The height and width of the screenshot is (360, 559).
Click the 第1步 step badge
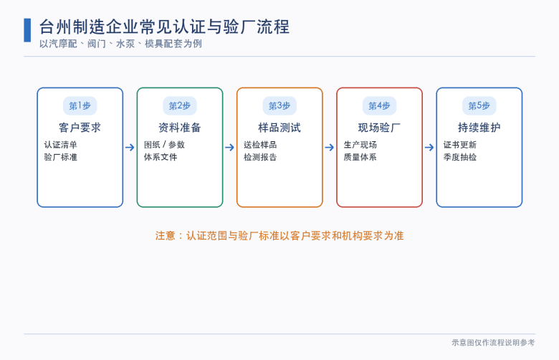pos(80,105)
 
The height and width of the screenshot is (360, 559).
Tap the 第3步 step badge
pos(279,105)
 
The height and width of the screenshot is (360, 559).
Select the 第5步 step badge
pos(479,105)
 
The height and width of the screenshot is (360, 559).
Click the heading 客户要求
pos(80,128)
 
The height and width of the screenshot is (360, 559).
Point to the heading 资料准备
pos(180,128)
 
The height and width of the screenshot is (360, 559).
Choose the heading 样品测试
pos(279,128)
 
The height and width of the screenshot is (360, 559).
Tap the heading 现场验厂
pos(379,128)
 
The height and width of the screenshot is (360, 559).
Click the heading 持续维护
pos(479,128)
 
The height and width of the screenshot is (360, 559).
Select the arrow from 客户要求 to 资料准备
pos(130,147)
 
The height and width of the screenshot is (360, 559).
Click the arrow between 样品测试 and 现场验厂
pos(330,147)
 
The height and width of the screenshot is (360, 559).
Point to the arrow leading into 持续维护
pos(429,147)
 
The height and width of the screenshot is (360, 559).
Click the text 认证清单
pos(61,145)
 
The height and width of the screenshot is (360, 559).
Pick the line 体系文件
pos(161,157)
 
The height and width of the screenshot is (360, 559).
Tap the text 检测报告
pos(260,157)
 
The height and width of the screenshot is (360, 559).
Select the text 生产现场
pos(360,145)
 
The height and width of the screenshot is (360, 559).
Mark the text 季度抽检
pos(460,157)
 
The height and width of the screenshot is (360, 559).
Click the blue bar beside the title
pos(27,30)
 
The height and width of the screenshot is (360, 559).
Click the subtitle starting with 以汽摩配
pos(120,44)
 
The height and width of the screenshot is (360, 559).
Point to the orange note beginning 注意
pos(279,236)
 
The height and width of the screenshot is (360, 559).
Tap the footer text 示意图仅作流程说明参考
pos(493,343)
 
